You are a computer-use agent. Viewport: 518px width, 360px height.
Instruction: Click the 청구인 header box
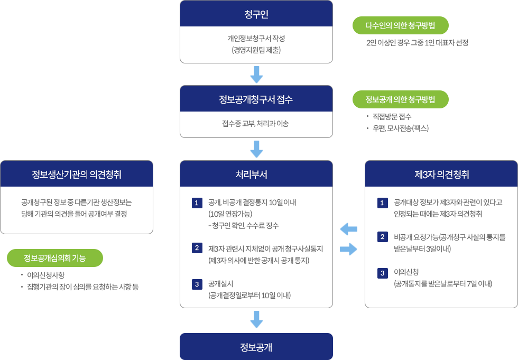click(x=256, y=14)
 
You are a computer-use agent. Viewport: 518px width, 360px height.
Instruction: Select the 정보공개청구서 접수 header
click(x=256, y=99)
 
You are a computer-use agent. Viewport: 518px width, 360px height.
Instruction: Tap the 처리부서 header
click(x=256, y=174)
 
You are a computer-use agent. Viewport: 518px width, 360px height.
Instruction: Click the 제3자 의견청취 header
click(x=441, y=174)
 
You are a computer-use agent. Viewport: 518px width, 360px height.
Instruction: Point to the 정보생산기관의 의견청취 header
click(x=77, y=174)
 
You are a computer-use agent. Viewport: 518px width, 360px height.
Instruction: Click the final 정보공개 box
click(x=256, y=347)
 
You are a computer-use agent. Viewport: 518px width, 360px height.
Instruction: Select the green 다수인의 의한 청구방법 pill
click(x=400, y=25)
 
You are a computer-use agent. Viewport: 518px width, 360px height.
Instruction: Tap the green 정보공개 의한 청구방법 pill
click(x=400, y=99)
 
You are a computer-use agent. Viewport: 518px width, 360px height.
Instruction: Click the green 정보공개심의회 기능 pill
click(x=55, y=258)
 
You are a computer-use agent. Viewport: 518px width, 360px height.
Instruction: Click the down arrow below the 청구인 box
click(x=256, y=75)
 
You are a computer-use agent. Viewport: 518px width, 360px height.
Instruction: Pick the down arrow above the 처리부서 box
click(x=256, y=149)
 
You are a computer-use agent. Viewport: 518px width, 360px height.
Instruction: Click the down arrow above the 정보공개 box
click(x=256, y=319)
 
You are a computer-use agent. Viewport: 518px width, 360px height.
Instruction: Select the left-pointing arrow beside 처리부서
click(x=349, y=229)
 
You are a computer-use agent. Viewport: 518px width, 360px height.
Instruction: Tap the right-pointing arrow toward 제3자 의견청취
click(x=349, y=249)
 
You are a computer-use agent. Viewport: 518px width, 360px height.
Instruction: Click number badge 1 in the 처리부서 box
click(x=196, y=202)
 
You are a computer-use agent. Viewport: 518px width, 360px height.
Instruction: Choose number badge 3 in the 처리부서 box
click(x=196, y=284)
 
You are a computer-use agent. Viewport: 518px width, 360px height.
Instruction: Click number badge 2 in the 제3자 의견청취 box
click(x=382, y=236)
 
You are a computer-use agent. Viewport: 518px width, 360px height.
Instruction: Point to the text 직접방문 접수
click(x=392, y=116)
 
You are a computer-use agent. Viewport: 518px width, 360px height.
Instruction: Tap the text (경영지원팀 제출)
click(x=256, y=50)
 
